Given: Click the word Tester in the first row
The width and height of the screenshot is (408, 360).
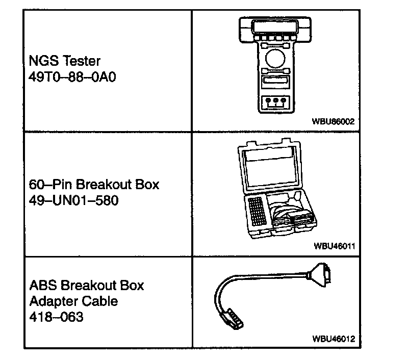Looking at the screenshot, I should coord(82,61).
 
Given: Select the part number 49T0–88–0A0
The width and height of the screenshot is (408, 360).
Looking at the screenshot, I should coord(69,79).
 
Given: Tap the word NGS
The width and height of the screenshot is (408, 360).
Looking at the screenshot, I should coord(44,61).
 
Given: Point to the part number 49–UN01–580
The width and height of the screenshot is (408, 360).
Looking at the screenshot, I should coord(73,200).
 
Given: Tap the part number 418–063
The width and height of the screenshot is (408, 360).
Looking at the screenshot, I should coord(56,317).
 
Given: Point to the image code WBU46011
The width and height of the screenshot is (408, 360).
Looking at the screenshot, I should coord(334,246).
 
